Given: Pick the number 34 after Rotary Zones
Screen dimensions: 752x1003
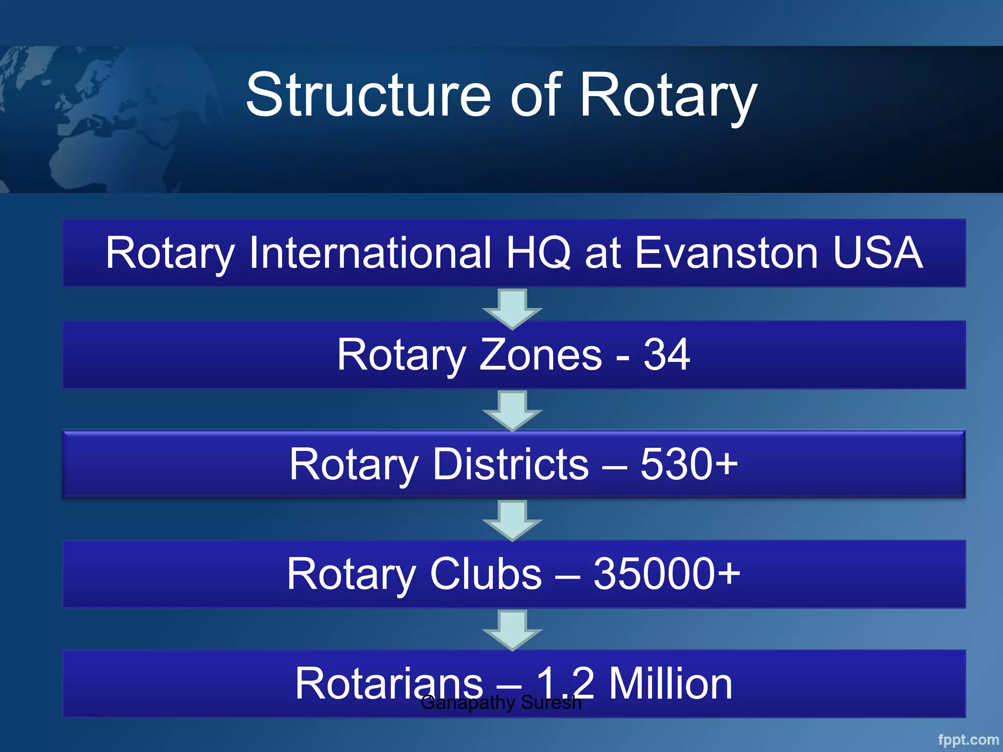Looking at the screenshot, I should [x=667, y=354].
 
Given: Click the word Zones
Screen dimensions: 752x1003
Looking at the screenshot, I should [x=540, y=354].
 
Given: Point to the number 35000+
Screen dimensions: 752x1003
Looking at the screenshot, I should [x=667, y=574].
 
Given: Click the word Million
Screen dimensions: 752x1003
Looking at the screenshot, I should [x=670, y=683].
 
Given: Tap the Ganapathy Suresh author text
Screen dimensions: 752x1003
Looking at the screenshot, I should [x=501, y=703].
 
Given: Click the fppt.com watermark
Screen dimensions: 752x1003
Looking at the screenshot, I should [x=968, y=740].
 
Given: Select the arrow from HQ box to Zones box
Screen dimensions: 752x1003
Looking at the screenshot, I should [x=512, y=308].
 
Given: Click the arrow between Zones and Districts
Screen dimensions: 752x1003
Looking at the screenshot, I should [x=512, y=410].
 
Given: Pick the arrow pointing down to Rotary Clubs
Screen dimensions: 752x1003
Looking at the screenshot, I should [x=512, y=520].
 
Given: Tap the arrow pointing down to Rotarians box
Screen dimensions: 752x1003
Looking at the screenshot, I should [x=512, y=630].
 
